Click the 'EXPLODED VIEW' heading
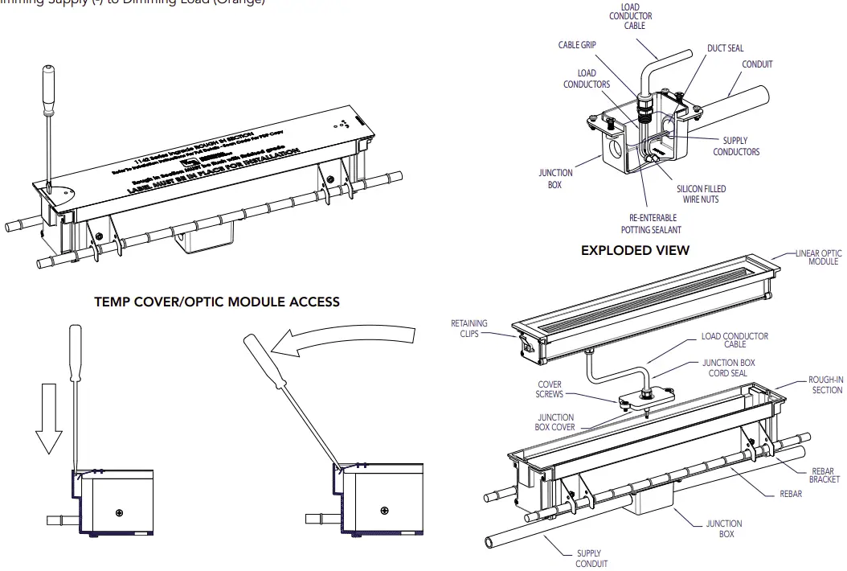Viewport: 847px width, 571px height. pos(635,250)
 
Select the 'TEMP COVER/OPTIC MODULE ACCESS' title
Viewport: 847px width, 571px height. pos(217,302)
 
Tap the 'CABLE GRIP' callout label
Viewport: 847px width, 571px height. pos(576,45)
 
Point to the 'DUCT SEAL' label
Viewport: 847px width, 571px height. pos(725,48)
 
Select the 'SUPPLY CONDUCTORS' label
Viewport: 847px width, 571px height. pos(736,146)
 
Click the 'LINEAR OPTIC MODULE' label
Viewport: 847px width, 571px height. pos(818,257)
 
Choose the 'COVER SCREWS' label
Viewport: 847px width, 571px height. pos(550,389)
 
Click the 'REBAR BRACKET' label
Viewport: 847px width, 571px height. pos(824,475)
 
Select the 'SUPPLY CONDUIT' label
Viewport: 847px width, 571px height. pos(591,558)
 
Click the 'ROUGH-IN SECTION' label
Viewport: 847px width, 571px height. pos(825,384)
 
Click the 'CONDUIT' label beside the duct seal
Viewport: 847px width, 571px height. pos(757,64)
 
